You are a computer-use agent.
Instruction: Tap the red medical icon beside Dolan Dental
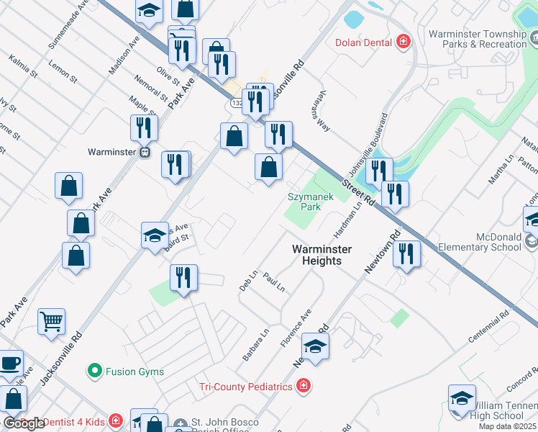coord(403,42)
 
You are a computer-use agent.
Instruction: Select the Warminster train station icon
coord(145,153)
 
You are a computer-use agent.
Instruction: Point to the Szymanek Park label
coord(304,201)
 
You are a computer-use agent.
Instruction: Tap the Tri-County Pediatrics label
coord(246,387)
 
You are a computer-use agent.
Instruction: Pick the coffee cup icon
coord(10,362)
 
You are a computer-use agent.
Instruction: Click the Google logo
coord(24,423)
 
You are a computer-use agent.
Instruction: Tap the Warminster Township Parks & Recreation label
coord(478,39)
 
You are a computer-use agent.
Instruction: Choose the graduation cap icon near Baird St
coord(155,235)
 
